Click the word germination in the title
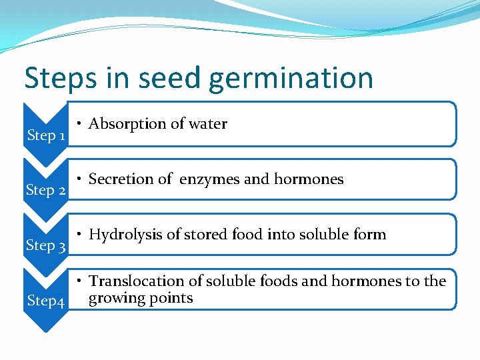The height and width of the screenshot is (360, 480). coord(291,78)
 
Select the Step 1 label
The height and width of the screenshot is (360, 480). coord(45,135)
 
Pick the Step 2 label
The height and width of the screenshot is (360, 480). coord(45,191)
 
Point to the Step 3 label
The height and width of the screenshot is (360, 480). coord(45,245)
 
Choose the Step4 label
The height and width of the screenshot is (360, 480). coord(45,301)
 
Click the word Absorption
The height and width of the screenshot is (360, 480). coord(126,124)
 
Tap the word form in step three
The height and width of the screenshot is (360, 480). coord(371,235)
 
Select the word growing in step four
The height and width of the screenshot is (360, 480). coord(112,298)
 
